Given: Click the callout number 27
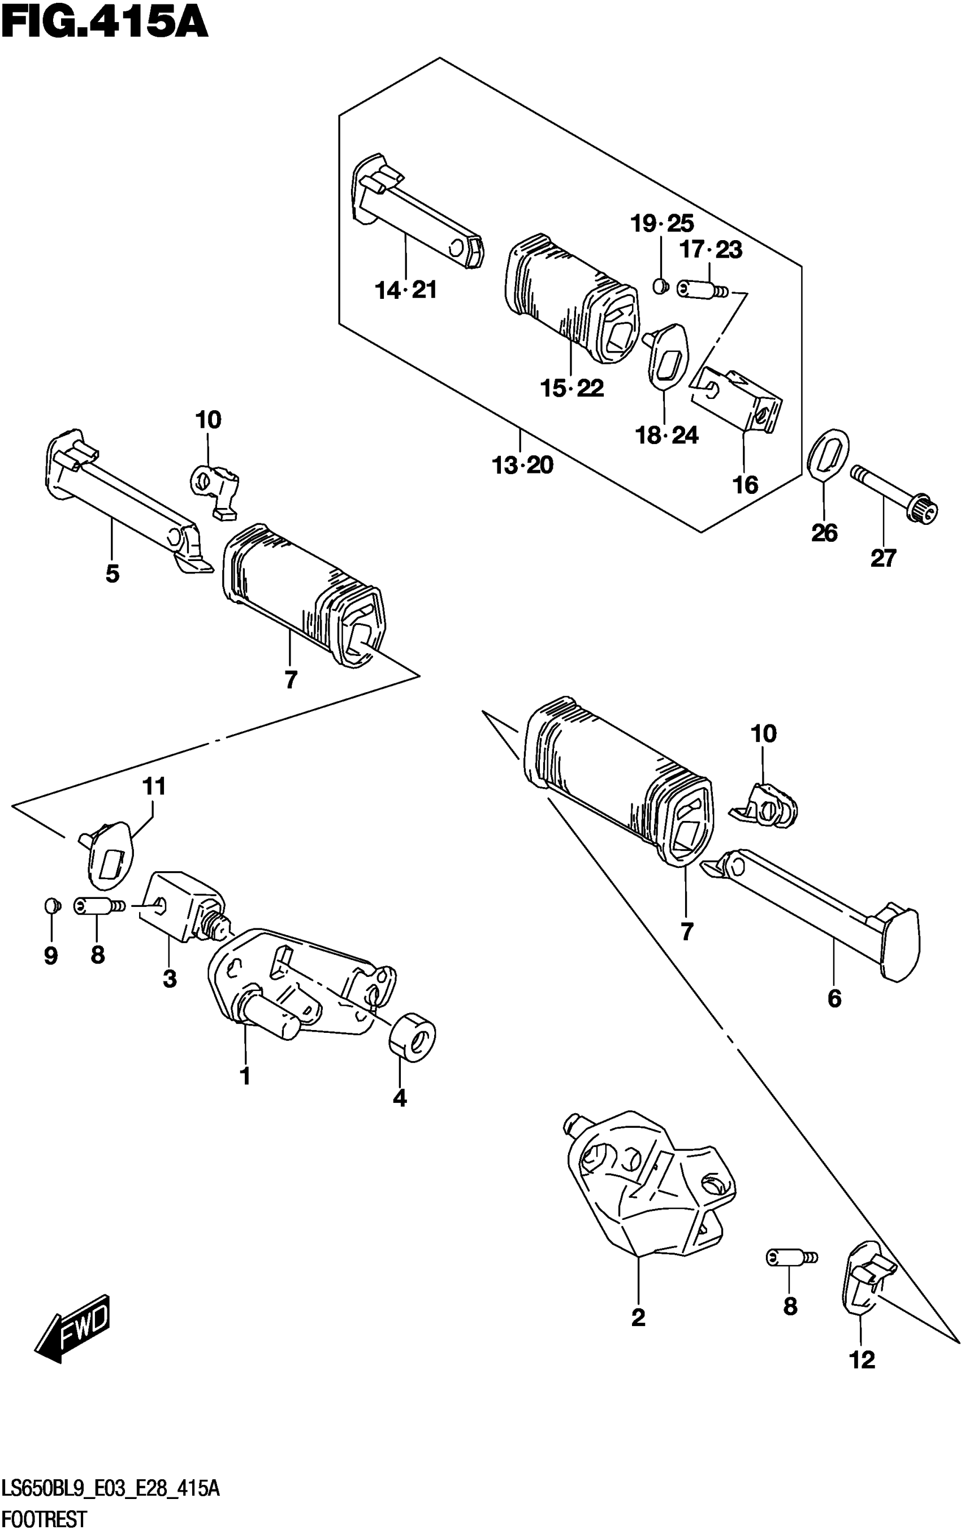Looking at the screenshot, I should coord(883,558).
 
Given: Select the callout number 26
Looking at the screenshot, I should coord(824,532).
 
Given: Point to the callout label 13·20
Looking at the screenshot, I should coord(522,466).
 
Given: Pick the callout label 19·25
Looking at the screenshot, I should coord(663,224).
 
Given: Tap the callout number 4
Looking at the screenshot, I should coord(399,1098).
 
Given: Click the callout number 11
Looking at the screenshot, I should coord(154,787).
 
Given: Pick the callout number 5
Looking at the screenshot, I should coord(112,574).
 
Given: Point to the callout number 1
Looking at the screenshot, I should coord(245,1076).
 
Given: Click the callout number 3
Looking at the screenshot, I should coord(169,979).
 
